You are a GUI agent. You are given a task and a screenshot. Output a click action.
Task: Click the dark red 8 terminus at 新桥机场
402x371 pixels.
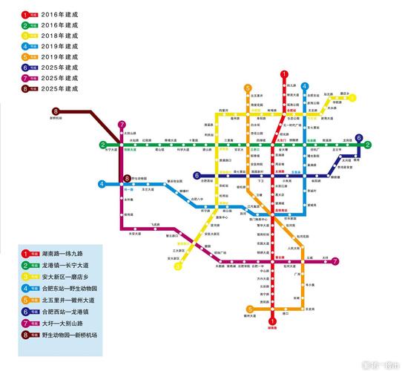pos(55,112)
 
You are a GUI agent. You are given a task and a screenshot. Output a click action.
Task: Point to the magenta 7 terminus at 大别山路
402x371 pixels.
pos(122,125)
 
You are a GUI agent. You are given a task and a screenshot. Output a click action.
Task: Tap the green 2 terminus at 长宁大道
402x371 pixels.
pos(103,145)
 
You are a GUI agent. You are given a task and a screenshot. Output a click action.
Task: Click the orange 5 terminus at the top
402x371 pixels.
pos(248,88)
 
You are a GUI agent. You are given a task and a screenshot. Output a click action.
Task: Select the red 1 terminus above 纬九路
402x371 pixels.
pos(283,74)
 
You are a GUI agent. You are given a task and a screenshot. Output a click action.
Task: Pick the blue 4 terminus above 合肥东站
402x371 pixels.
pos(304,86)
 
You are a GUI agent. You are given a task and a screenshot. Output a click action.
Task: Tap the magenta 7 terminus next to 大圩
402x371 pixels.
pos(336,261)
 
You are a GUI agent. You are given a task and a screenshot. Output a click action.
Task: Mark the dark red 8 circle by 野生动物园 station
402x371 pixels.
pos(128,178)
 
